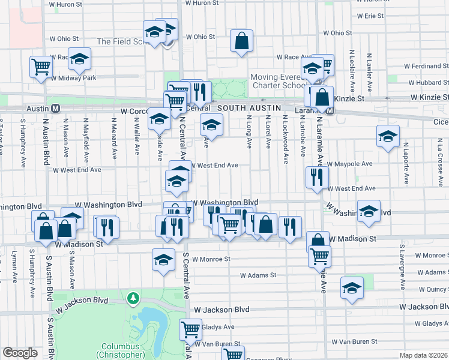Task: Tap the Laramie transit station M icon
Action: tap(331, 111)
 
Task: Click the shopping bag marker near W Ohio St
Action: tap(241, 42)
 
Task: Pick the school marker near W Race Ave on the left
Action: tap(79, 59)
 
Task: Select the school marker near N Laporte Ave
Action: tap(388, 136)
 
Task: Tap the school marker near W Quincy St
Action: tap(352, 288)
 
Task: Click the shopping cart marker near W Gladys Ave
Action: tap(190, 329)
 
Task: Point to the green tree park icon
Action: tap(132, 297)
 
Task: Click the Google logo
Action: tap(20, 353)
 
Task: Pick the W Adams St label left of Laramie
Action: tap(258, 276)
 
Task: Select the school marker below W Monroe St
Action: tap(163, 261)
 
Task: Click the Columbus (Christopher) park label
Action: tap(120, 350)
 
